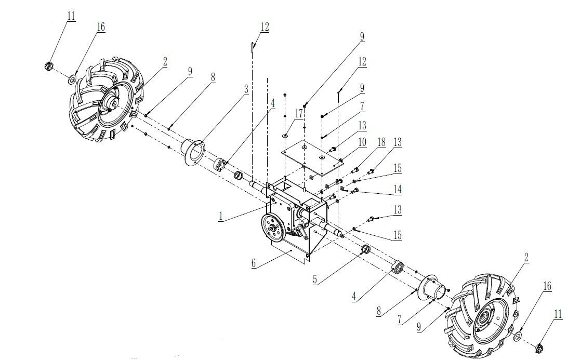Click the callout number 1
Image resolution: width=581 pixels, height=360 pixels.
pyautogui.click(x=220, y=216)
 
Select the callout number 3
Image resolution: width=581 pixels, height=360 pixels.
pyautogui.click(x=246, y=89)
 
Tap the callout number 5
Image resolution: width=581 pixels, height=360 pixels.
pyautogui.click(x=315, y=279)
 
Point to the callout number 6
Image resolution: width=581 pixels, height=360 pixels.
pyautogui.click(x=254, y=263)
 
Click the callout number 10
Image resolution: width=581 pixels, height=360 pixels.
pyautogui.click(x=362, y=142)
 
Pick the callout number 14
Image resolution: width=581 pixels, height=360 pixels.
pyautogui.click(x=398, y=189)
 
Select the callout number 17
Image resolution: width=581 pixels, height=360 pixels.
pyautogui.click(x=299, y=114)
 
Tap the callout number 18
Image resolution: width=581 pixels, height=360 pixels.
pyautogui.click(x=381, y=142)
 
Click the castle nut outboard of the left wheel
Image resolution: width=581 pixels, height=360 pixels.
pyautogui.click(x=48, y=66)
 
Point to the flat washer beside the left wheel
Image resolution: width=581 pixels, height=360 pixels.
pyautogui.click(x=72, y=79)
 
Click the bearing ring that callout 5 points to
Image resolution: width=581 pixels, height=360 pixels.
pyautogui.click(x=366, y=250)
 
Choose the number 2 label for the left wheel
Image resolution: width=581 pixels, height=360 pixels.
pyautogui.click(x=165, y=62)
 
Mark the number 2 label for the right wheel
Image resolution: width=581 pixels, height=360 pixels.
pyautogui.click(x=526, y=258)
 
